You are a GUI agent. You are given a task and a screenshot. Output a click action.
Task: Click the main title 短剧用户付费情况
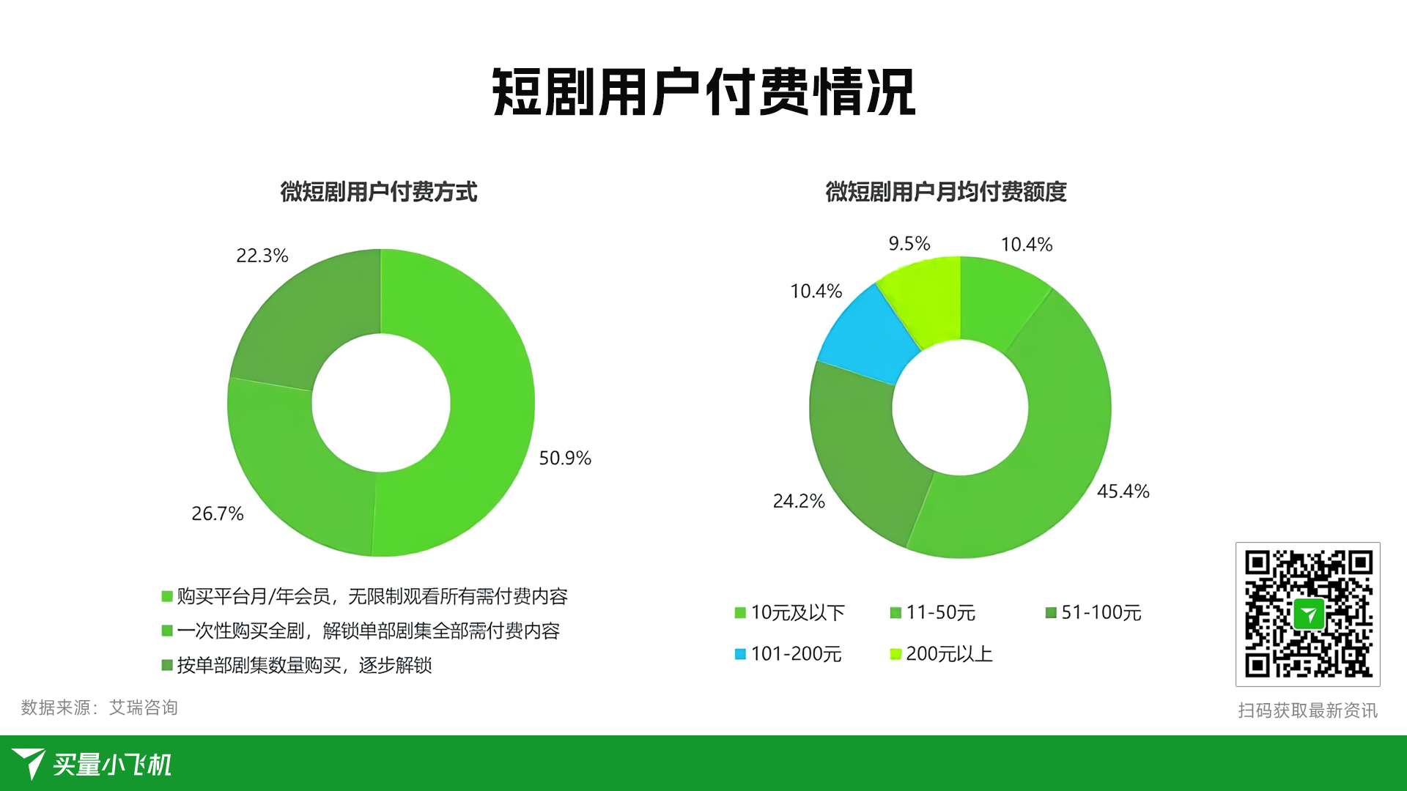pos(703,92)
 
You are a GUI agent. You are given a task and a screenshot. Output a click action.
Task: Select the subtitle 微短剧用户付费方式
pos(379,192)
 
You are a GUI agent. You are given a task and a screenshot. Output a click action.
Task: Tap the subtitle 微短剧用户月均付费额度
pos(946,192)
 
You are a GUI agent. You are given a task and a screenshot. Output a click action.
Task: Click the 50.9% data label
pos(565,458)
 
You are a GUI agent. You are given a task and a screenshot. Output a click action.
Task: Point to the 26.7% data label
pos(218,513)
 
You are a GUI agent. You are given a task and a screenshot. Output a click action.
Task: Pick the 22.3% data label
pos(262,256)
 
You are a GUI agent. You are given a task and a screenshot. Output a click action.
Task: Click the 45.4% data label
pos(1123,491)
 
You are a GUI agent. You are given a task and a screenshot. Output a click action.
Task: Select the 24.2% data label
pos(799,501)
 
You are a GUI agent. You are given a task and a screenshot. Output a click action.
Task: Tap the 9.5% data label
pos(909,243)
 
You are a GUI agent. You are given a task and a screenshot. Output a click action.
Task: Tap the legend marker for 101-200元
pos(740,654)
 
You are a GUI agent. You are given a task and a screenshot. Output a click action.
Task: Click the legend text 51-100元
pos(1101,612)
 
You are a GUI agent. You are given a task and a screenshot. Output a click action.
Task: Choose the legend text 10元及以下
pos(798,612)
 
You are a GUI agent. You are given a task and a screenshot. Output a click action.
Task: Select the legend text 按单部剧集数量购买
pos(259,665)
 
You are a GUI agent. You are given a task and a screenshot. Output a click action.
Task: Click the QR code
pos(1308,614)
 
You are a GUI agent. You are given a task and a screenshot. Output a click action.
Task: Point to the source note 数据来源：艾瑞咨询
pos(100,708)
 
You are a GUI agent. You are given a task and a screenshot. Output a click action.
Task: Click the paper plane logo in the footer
pos(29,763)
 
